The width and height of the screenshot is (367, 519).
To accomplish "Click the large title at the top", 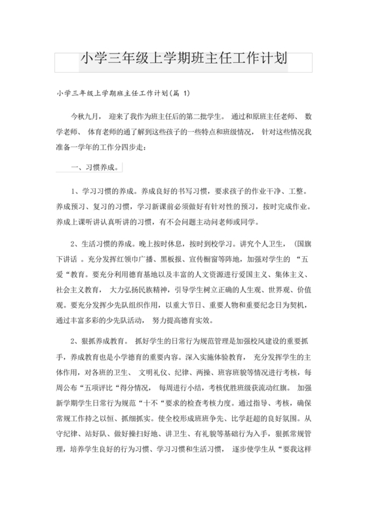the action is pyautogui.click(x=183, y=60).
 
